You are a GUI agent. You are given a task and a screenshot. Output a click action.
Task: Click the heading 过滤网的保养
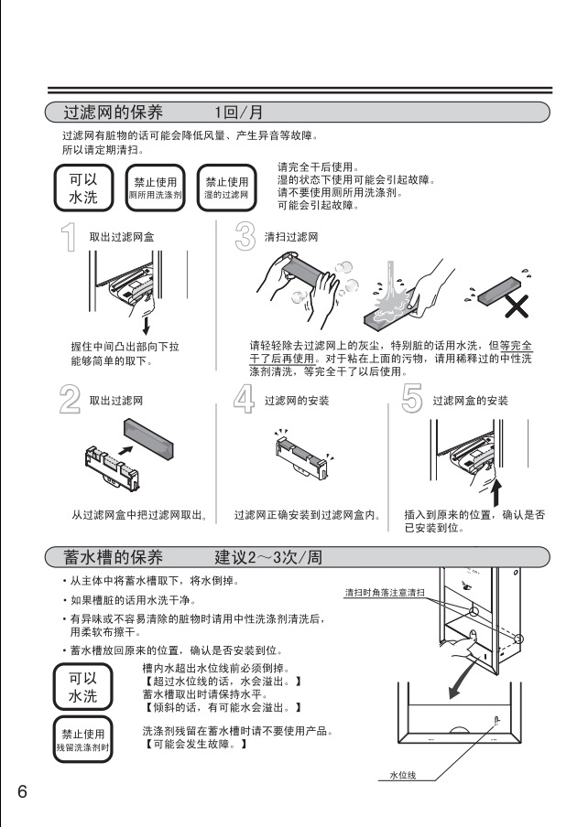coord(113,113)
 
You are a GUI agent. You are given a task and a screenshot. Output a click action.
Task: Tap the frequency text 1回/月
coord(238,113)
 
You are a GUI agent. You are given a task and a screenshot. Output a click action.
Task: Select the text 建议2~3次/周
coord(267,557)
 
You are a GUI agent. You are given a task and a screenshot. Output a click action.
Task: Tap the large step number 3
coord(245,236)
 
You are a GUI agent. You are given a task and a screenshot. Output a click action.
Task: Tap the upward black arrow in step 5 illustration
coord(497,493)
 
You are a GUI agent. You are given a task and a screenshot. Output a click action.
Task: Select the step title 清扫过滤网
coord(291,237)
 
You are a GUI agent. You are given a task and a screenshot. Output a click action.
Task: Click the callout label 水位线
coord(402,775)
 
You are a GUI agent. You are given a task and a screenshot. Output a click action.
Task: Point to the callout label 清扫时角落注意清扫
coord(385,593)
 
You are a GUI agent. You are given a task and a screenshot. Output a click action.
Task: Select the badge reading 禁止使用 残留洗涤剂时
coord(83,739)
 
